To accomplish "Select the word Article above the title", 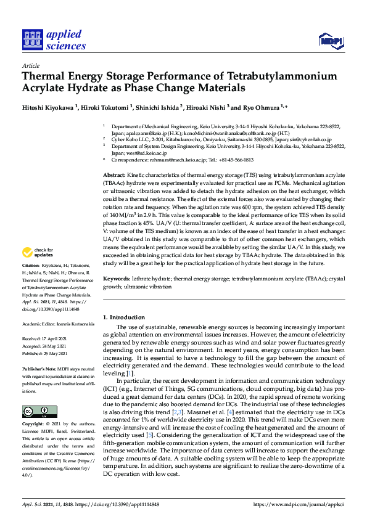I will tap(30, 65).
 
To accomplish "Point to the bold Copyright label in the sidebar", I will tap(33, 424).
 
